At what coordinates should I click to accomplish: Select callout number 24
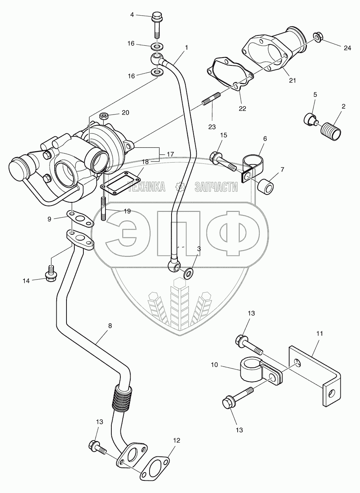[x=347, y=48]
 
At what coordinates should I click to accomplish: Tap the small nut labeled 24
[x=318, y=38]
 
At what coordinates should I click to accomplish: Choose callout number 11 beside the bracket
[x=319, y=333]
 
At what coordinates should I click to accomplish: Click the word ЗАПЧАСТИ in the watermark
[x=216, y=187]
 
